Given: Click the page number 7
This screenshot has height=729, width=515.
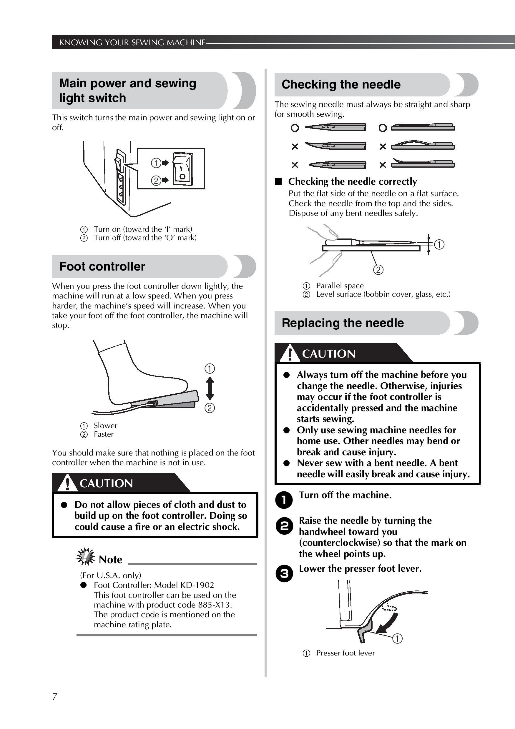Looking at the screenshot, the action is (x=55, y=697).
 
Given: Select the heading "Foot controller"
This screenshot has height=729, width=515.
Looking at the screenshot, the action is (x=102, y=266).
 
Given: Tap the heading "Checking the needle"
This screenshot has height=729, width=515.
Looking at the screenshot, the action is (x=341, y=84).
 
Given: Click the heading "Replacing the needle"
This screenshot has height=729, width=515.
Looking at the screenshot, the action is (x=343, y=323).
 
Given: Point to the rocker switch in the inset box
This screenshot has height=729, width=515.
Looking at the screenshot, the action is (x=182, y=169).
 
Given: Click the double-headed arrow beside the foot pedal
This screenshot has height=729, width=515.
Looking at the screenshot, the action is (x=210, y=388).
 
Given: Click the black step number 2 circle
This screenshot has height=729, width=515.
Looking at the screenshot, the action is (x=284, y=526).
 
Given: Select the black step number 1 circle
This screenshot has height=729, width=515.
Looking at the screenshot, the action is (x=284, y=500).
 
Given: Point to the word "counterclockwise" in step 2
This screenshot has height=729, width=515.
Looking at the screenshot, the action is (x=339, y=543).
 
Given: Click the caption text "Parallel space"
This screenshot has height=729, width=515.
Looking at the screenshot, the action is (x=340, y=286).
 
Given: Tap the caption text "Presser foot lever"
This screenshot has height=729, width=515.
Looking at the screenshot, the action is (x=345, y=653).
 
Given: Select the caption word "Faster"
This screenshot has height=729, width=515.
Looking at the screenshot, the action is (x=104, y=434).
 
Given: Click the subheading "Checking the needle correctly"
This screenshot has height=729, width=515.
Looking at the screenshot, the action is (x=353, y=182).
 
